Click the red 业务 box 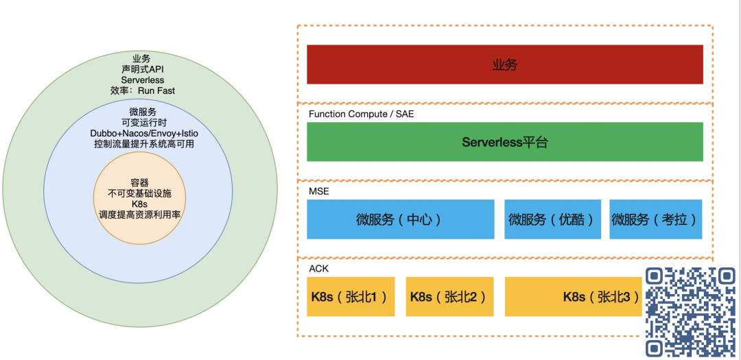pos(504,64)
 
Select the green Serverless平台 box pos(504,142)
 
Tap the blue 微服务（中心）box pos(400,219)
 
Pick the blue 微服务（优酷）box pos(552,219)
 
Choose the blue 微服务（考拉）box pos(655,219)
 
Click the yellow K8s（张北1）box pos(351,296)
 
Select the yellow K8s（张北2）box pos(449,296)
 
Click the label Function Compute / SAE pos(361,114)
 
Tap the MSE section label pos(319,191)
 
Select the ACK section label pos(318,268)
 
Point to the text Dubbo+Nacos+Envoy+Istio pos(143,133)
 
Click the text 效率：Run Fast pos(143,91)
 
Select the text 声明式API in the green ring pos(143,69)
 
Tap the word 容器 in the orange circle pos(139,182)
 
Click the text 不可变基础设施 pos(139,193)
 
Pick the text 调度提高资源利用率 pos(139,215)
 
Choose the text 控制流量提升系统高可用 pos(143,144)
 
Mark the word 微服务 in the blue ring pos(143,111)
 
